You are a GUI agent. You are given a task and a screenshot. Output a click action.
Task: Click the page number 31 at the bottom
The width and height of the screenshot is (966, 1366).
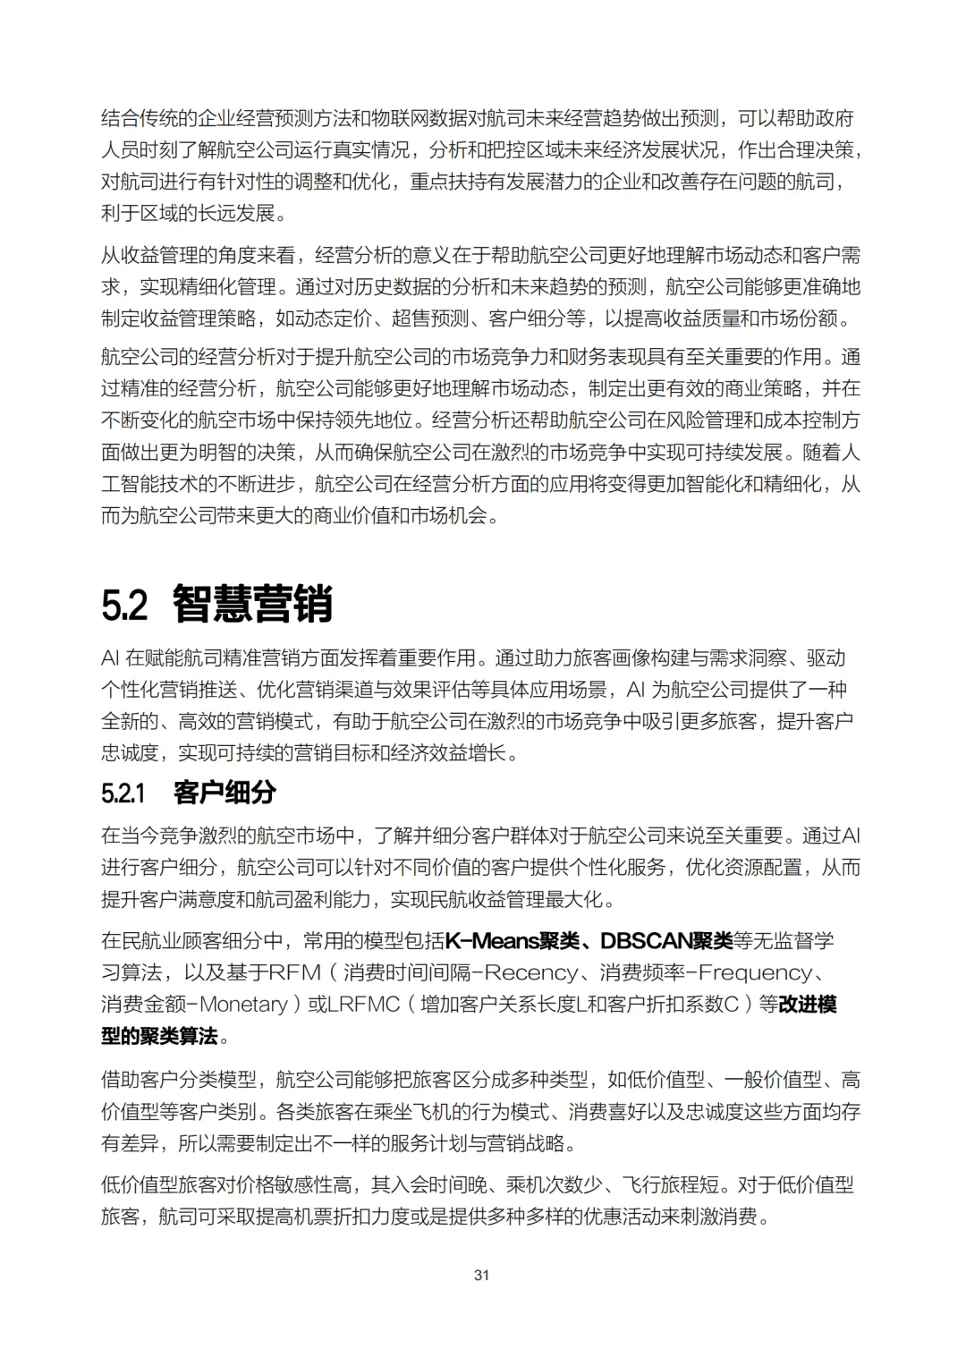click(x=481, y=1275)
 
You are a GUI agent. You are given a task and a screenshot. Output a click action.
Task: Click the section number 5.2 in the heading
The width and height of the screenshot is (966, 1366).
click(x=124, y=605)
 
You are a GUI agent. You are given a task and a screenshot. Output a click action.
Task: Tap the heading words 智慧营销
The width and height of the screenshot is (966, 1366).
click(x=252, y=605)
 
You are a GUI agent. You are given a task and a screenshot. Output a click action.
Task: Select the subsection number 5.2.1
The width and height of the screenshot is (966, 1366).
click(x=123, y=793)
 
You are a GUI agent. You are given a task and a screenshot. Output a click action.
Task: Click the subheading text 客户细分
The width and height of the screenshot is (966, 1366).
click(x=225, y=793)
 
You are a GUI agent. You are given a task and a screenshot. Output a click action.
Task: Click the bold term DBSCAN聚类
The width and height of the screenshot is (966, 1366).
click(x=666, y=941)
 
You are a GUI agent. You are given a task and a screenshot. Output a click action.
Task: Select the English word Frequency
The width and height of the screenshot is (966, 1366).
click(x=756, y=972)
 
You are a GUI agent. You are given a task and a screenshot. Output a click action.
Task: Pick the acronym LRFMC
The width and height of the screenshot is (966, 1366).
click(x=363, y=1005)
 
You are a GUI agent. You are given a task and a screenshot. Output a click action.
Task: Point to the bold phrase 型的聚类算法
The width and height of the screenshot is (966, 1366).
click(x=159, y=1036)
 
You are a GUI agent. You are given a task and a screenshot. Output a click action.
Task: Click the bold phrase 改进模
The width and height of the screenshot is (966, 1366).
click(x=808, y=1005)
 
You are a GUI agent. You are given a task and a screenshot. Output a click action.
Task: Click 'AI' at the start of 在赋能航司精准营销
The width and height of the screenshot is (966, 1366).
click(x=110, y=658)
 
